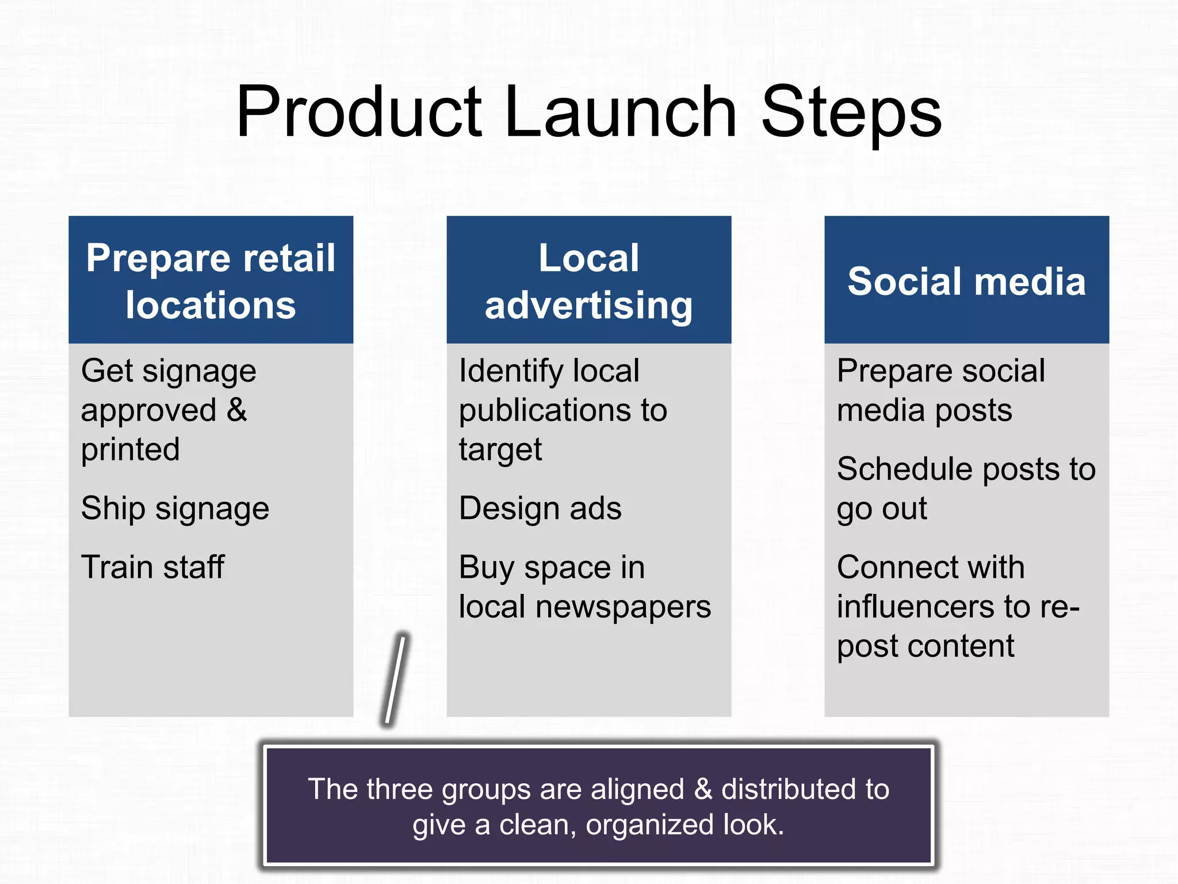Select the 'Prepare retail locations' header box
point(211,280)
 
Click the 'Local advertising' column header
point(588,280)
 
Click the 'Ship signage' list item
point(175,509)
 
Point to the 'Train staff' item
point(152,567)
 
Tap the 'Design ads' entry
point(540,509)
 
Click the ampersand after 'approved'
point(237,410)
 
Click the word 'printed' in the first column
point(131,449)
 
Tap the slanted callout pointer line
point(395,679)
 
